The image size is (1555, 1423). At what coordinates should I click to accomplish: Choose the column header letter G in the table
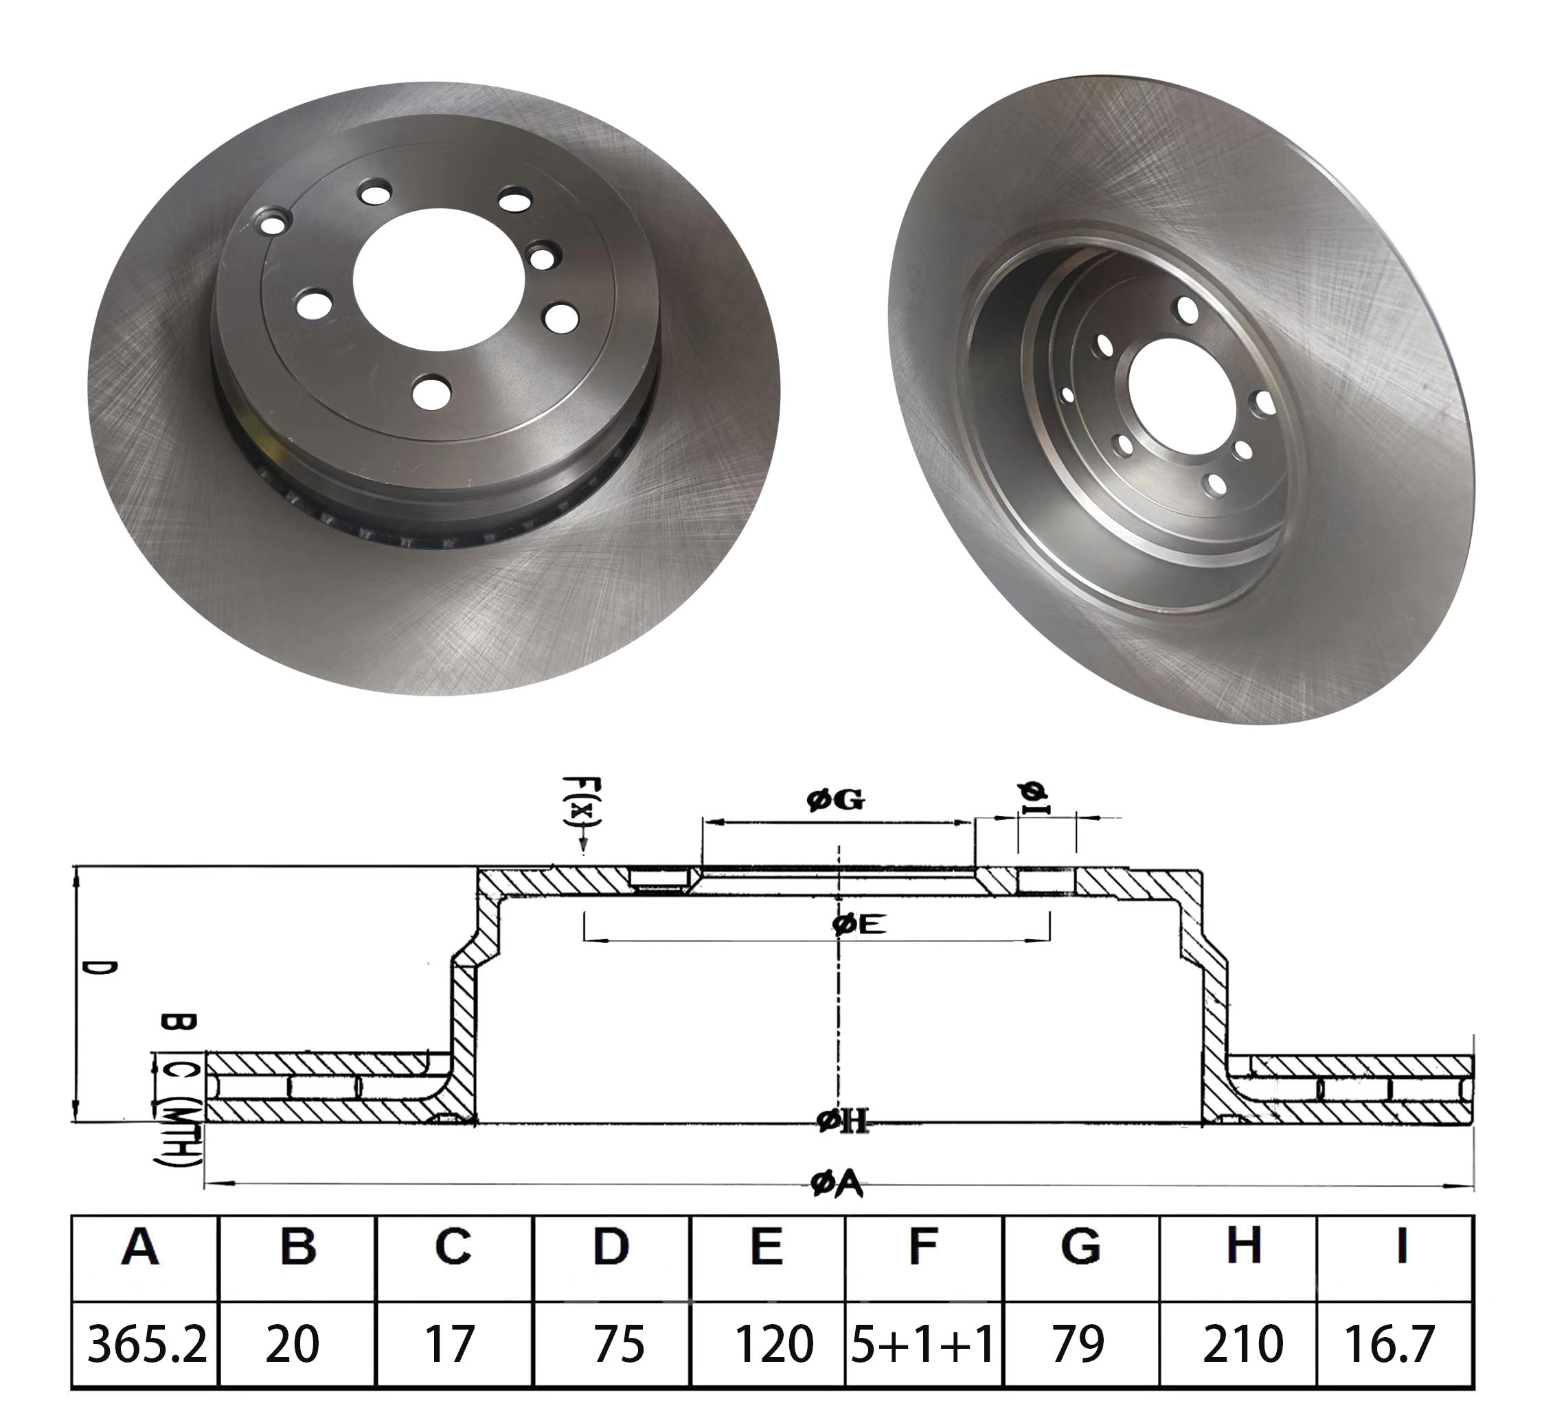point(1080,1246)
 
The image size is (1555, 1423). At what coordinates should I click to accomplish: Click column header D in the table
point(611,1246)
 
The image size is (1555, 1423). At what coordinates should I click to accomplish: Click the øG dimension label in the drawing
point(836,801)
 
